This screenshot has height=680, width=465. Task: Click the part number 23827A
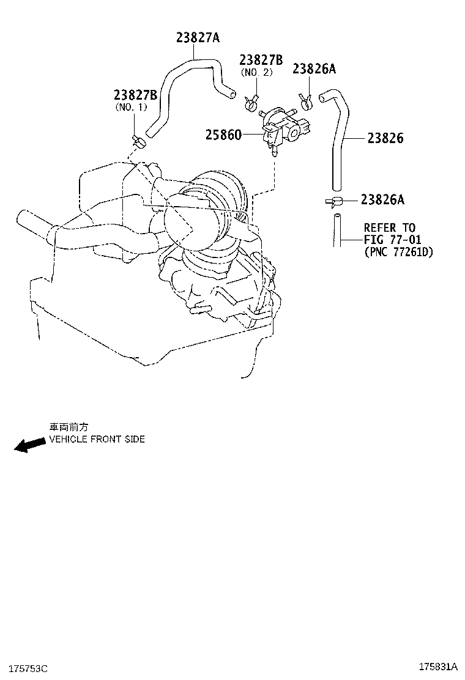198,38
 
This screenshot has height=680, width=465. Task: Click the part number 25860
223,135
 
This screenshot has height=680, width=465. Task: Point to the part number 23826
385,138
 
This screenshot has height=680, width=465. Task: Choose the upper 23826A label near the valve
314,68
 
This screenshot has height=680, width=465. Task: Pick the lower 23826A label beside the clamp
382,199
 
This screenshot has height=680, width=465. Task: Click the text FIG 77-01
393,239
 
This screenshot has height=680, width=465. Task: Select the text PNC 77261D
399,251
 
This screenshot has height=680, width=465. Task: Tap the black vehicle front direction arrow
29,445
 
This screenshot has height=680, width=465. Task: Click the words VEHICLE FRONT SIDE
97,439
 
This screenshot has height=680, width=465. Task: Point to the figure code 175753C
27,669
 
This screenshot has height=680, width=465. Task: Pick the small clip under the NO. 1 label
139,141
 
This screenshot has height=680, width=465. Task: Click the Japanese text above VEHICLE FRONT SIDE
69,427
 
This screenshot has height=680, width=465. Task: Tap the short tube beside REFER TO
337,231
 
